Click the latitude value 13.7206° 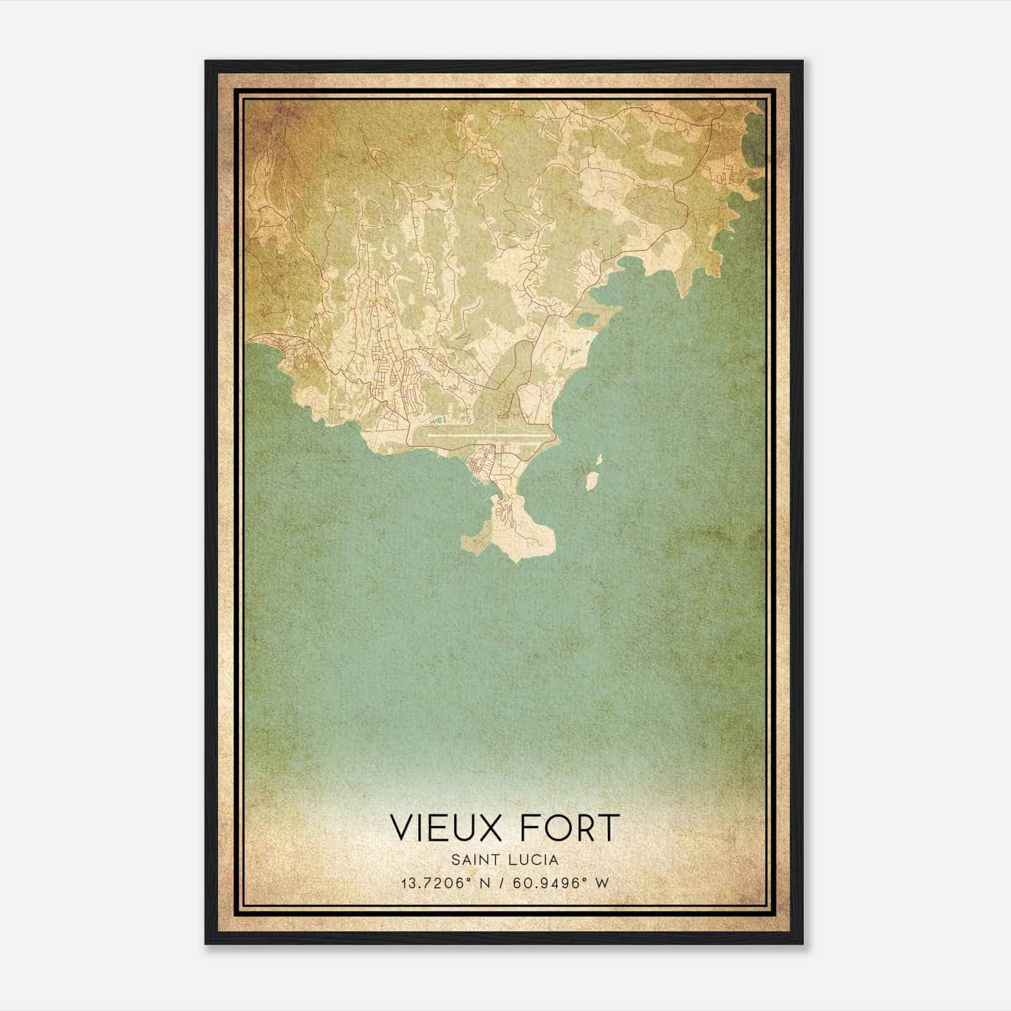pos(437,883)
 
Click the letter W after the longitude pos(603,883)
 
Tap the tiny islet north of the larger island pos(599,459)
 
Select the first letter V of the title pos(402,828)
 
